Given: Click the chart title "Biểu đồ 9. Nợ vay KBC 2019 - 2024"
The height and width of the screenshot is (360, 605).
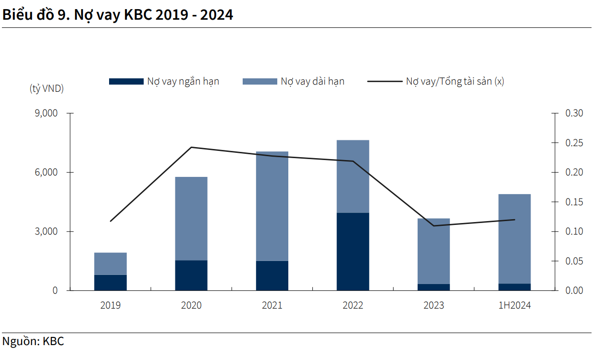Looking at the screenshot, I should [118, 15].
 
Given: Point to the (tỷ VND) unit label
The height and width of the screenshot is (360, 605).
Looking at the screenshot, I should [47, 89].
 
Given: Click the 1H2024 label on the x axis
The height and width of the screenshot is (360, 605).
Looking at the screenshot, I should [514, 305].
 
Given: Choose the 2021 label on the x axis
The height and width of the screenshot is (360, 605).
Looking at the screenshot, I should [272, 305].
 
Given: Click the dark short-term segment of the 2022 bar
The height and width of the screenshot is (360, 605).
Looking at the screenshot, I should [353, 251].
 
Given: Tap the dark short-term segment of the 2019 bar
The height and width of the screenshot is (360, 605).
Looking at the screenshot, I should [111, 283].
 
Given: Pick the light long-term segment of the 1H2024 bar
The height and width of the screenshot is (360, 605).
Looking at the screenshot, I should [514, 238].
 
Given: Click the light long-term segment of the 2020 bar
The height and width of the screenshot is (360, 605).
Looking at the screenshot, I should [191, 218].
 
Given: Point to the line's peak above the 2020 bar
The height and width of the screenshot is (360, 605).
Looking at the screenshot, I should [191, 147].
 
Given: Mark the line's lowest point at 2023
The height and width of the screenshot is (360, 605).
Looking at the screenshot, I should [433, 225].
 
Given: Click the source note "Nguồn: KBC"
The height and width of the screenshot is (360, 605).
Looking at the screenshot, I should [33, 342].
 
